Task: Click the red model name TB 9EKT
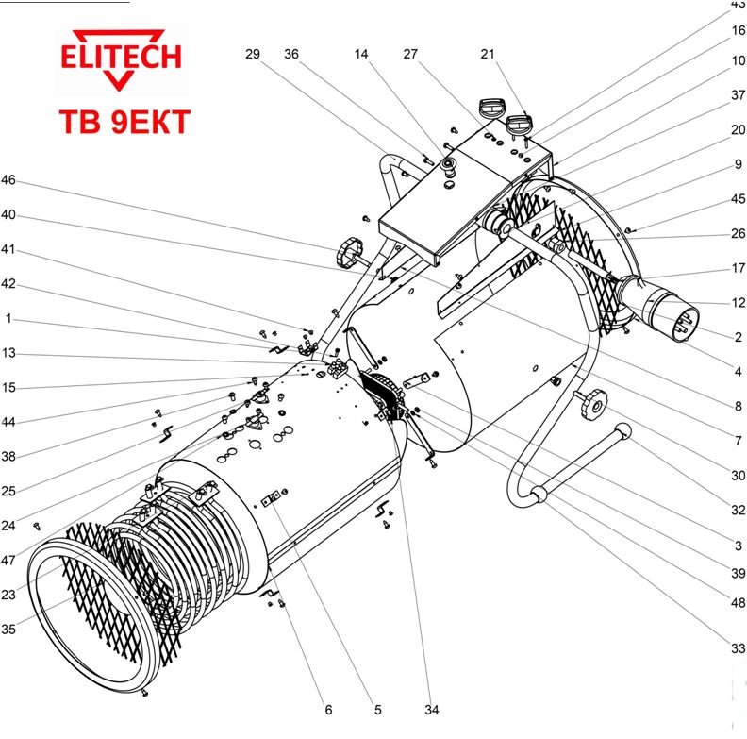[x=124, y=122]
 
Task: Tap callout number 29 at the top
[x=252, y=55]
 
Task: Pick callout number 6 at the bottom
[x=328, y=710]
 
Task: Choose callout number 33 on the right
[x=738, y=648]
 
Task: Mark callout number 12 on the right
[x=738, y=303]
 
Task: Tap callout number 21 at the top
[x=487, y=55]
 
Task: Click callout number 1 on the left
[x=8, y=319]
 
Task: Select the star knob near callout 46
[x=346, y=252]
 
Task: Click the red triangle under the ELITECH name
[x=120, y=81]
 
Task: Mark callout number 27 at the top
[x=410, y=55]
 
